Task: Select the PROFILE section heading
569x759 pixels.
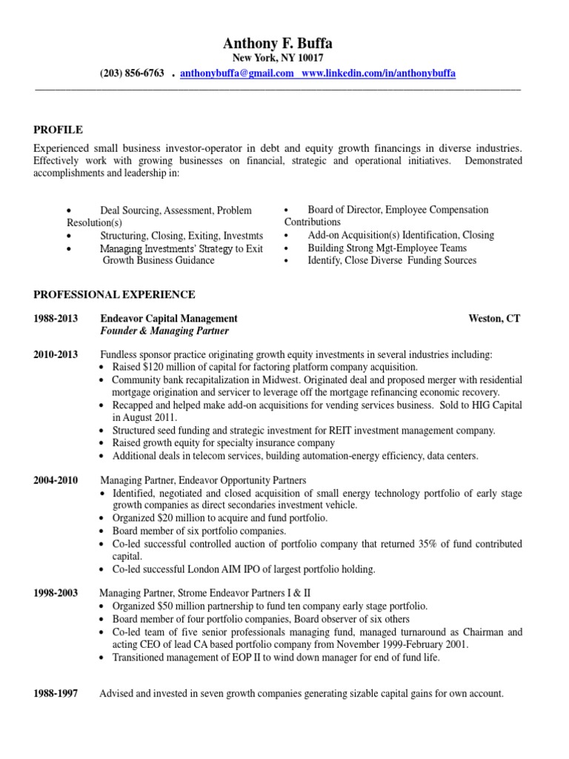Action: [x=58, y=130]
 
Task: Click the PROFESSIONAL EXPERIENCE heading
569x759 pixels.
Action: [x=114, y=294]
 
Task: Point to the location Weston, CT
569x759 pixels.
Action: [x=494, y=318]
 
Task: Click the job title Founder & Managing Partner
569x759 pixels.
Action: [x=164, y=331]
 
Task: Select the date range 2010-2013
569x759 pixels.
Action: [x=56, y=355]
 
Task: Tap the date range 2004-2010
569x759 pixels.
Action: [x=56, y=480]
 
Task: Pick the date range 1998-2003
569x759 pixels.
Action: [x=56, y=594]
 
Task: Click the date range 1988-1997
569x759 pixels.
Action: [x=56, y=694]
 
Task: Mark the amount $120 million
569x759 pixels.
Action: [x=172, y=368]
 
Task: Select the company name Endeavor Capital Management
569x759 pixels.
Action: [x=168, y=318]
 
